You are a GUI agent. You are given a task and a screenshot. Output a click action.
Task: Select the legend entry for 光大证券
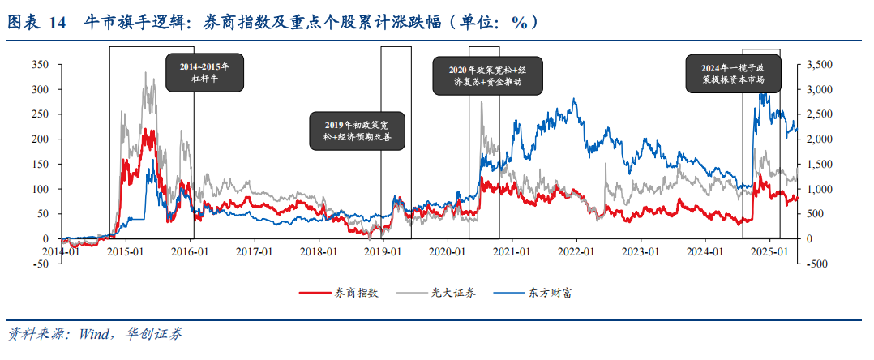[x=454, y=293]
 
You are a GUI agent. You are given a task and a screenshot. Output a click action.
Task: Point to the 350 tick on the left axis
[x=40, y=64]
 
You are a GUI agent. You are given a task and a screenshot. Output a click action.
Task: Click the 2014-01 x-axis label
[x=62, y=251]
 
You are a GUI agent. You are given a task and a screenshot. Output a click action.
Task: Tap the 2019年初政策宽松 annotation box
[x=357, y=131]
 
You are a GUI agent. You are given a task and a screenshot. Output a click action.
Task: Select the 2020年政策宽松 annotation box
[x=490, y=75]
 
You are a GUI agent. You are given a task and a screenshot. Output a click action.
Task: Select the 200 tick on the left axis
[x=40, y=139]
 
